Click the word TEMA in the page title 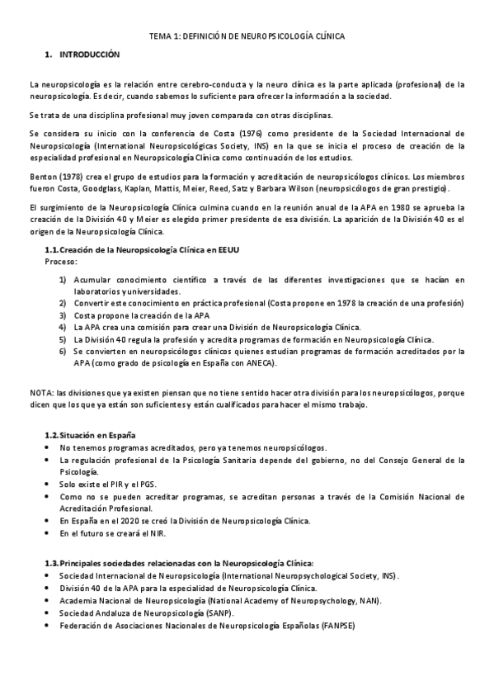pos(158,37)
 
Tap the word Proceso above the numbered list pos(61,261)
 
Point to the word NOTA pos(40,394)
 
